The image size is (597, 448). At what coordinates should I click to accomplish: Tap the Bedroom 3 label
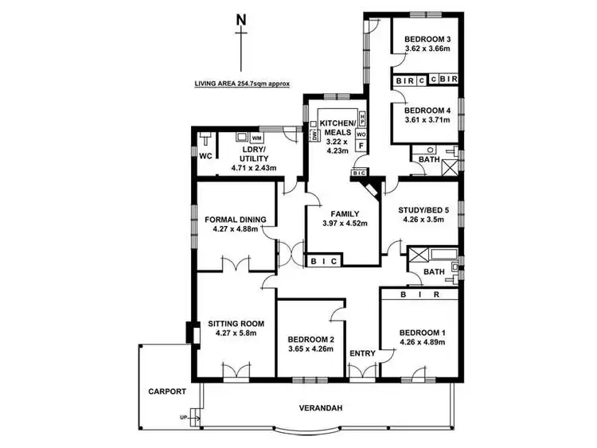click(x=427, y=40)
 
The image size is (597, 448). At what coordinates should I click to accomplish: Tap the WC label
click(x=205, y=156)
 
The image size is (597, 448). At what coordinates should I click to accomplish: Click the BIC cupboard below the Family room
click(x=326, y=260)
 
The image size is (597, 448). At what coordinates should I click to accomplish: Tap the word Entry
click(x=362, y=353)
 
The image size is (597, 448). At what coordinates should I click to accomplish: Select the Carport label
click(x=166, y=392)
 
